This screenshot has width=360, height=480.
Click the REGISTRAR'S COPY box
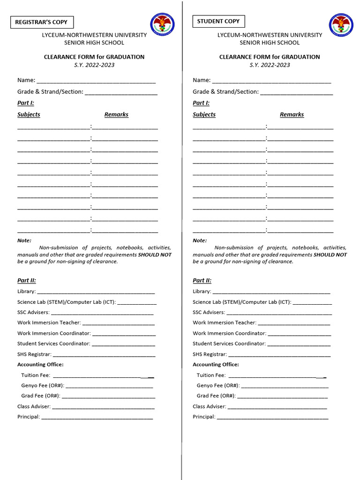[x=42, y=22]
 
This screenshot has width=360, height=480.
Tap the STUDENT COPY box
[x=218, y=22]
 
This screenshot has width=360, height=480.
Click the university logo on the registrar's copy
[x=162, y=25]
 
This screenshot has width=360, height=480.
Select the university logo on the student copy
[x=341, y=25]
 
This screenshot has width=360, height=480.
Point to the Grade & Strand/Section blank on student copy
[x=296, y=92]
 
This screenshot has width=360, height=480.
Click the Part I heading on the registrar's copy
[x=26, y=103]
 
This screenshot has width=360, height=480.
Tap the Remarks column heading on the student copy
[x=292, y=114]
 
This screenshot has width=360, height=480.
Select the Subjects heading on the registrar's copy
[x=29, y=114]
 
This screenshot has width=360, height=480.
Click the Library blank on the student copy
[x=271, y=292]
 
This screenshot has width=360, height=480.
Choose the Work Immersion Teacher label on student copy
[x=225, y=322]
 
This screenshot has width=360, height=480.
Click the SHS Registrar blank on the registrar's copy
[x=104, y=355]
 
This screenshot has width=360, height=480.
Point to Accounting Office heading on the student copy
[x=216, y=364]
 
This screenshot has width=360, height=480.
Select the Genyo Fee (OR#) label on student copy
[x=218, y=385]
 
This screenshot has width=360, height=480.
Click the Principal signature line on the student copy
[x=272, y=417]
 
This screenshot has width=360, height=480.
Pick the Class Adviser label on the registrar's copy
[x=34, y=406]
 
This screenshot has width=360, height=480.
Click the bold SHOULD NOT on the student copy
[x=330, y=255]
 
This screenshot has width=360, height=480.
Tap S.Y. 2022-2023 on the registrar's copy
[x=94, y=65]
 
